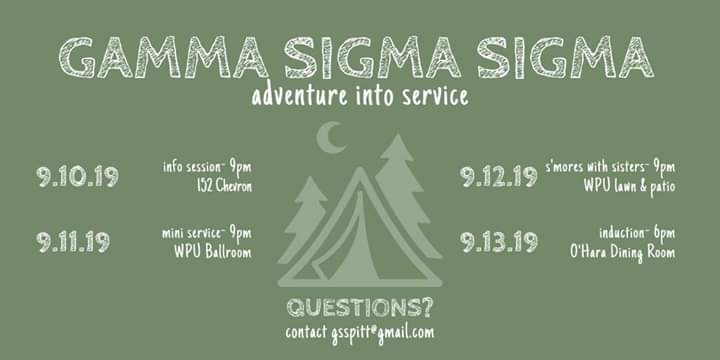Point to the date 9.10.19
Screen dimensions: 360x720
click(78, 178)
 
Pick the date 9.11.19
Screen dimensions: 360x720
click(75, 241)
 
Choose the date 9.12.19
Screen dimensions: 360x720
click(499, 178)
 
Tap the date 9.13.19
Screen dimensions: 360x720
click(499, 241)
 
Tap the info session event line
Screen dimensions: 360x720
click(207, 166)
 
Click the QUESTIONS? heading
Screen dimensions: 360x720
click(359, 307)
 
